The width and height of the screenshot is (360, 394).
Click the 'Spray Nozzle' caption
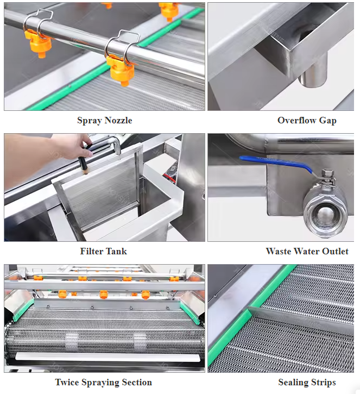[x=104, y=121]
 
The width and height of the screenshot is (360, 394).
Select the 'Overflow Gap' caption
[x=307, y=121]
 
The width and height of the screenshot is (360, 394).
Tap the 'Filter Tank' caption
[x=103, y=251]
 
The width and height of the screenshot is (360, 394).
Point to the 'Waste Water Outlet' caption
[x=307, y=251]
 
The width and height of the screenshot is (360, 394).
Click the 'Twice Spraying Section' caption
[x=103, y=383]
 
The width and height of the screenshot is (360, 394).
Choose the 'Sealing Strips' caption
[x=307, y=383]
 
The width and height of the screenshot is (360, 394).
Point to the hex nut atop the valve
[x=327, y=173]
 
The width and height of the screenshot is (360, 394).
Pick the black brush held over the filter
[x=83, y=165]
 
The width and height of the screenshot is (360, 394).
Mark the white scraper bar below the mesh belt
[x=108, y=358]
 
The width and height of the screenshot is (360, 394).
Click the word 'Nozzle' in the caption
[x=118, y=121]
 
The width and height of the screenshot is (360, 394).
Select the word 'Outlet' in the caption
[x=335, y=251]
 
